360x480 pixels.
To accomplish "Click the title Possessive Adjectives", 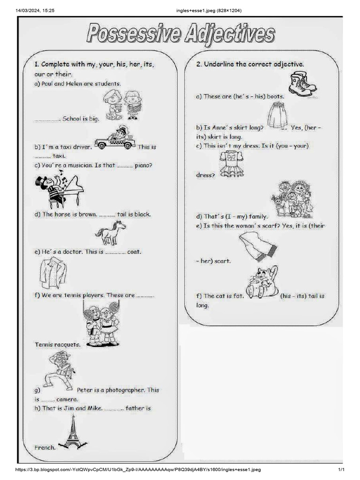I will [x=180, y=35].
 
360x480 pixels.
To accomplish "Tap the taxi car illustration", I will [x=115, y=138].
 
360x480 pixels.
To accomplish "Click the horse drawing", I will [x=111, y=232].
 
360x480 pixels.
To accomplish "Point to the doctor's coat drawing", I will [x=53, y=273].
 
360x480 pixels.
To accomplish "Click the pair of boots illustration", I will [x=303, y=84].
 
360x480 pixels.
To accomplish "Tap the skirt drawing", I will [x=277, y=115].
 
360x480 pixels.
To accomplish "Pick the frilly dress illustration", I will [x=232, y=165].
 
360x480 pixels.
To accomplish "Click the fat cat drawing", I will [x=262, y=282].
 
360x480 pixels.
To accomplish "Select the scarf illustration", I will [x=257, y=246].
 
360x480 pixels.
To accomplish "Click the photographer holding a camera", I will [x=59, y=371].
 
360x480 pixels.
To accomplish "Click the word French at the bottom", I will [x=45, y=447].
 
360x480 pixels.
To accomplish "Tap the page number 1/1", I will [x=341, y=470].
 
